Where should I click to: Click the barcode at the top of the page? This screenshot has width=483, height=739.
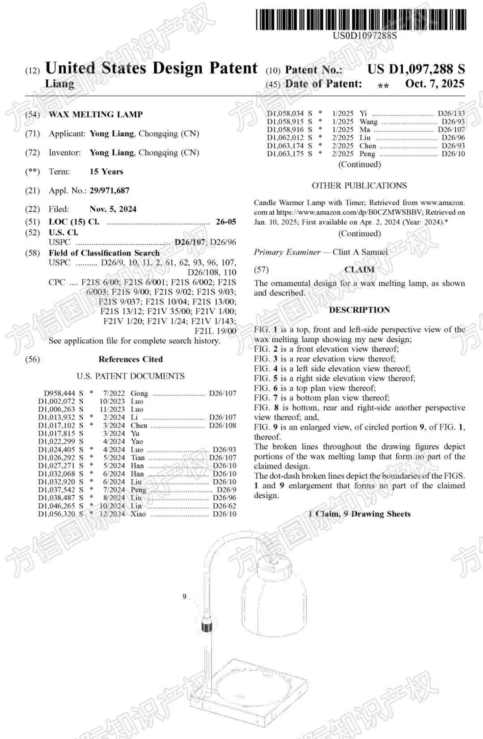click(x=360, y=20)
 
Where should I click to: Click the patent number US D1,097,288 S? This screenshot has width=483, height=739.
click(x=416, y=69)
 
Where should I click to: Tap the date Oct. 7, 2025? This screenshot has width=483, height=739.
click(x=435, y=84)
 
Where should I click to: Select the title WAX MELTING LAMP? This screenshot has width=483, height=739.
click(x=96, y=114)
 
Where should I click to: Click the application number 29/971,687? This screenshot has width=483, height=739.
click(x=110, y=191)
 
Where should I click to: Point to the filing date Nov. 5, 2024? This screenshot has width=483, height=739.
click(x=113, y=209)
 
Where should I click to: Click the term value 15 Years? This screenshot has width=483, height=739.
click(x=106, y=171)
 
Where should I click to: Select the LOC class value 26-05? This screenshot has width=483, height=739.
click(x=226, y=222)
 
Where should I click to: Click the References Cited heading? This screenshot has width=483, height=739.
click(x=131, y=359)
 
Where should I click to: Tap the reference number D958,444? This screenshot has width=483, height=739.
click(x=59, y=393)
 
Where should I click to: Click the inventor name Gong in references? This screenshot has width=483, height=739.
click(x=139, y=393)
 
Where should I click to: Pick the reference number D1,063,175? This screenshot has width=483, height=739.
click(x=285, y=154)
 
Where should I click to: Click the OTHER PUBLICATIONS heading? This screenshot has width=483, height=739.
click(x=359, y=186)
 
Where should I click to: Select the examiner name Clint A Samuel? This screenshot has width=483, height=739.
click(x=360, y=252)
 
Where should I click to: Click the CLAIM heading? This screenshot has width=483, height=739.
click(x=359, y=270)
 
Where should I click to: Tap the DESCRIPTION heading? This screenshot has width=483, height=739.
click(x=359, y=310)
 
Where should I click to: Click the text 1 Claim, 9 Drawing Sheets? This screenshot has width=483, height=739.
click(x=359, y=514)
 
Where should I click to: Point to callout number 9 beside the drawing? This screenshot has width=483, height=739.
click(x=184, y=597)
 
